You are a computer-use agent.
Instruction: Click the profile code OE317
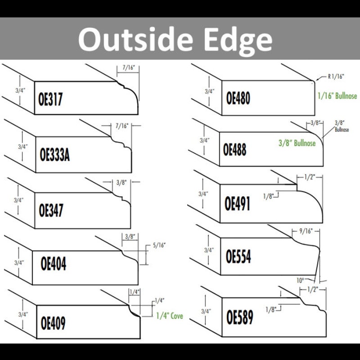50,99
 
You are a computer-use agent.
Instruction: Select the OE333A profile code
54,154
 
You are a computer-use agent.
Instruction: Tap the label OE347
51,210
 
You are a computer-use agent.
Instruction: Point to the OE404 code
53,264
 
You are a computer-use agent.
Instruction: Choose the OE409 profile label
53,323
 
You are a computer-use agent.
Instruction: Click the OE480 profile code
238,98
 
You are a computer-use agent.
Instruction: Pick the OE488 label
234,149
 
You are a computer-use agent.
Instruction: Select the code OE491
237,204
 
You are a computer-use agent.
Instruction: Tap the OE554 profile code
238,256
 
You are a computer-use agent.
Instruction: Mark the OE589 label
240,317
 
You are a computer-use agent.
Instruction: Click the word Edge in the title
238,40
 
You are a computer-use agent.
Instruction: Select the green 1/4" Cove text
170,316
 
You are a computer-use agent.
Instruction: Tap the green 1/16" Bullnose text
337,96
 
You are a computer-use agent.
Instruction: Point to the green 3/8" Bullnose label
297,143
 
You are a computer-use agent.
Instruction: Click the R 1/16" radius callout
336,76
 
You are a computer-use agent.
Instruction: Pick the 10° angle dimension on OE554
300,280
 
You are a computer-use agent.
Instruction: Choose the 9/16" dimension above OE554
306,231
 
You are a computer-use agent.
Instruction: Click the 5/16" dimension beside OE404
159,245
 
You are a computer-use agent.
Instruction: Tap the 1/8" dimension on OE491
268,196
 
